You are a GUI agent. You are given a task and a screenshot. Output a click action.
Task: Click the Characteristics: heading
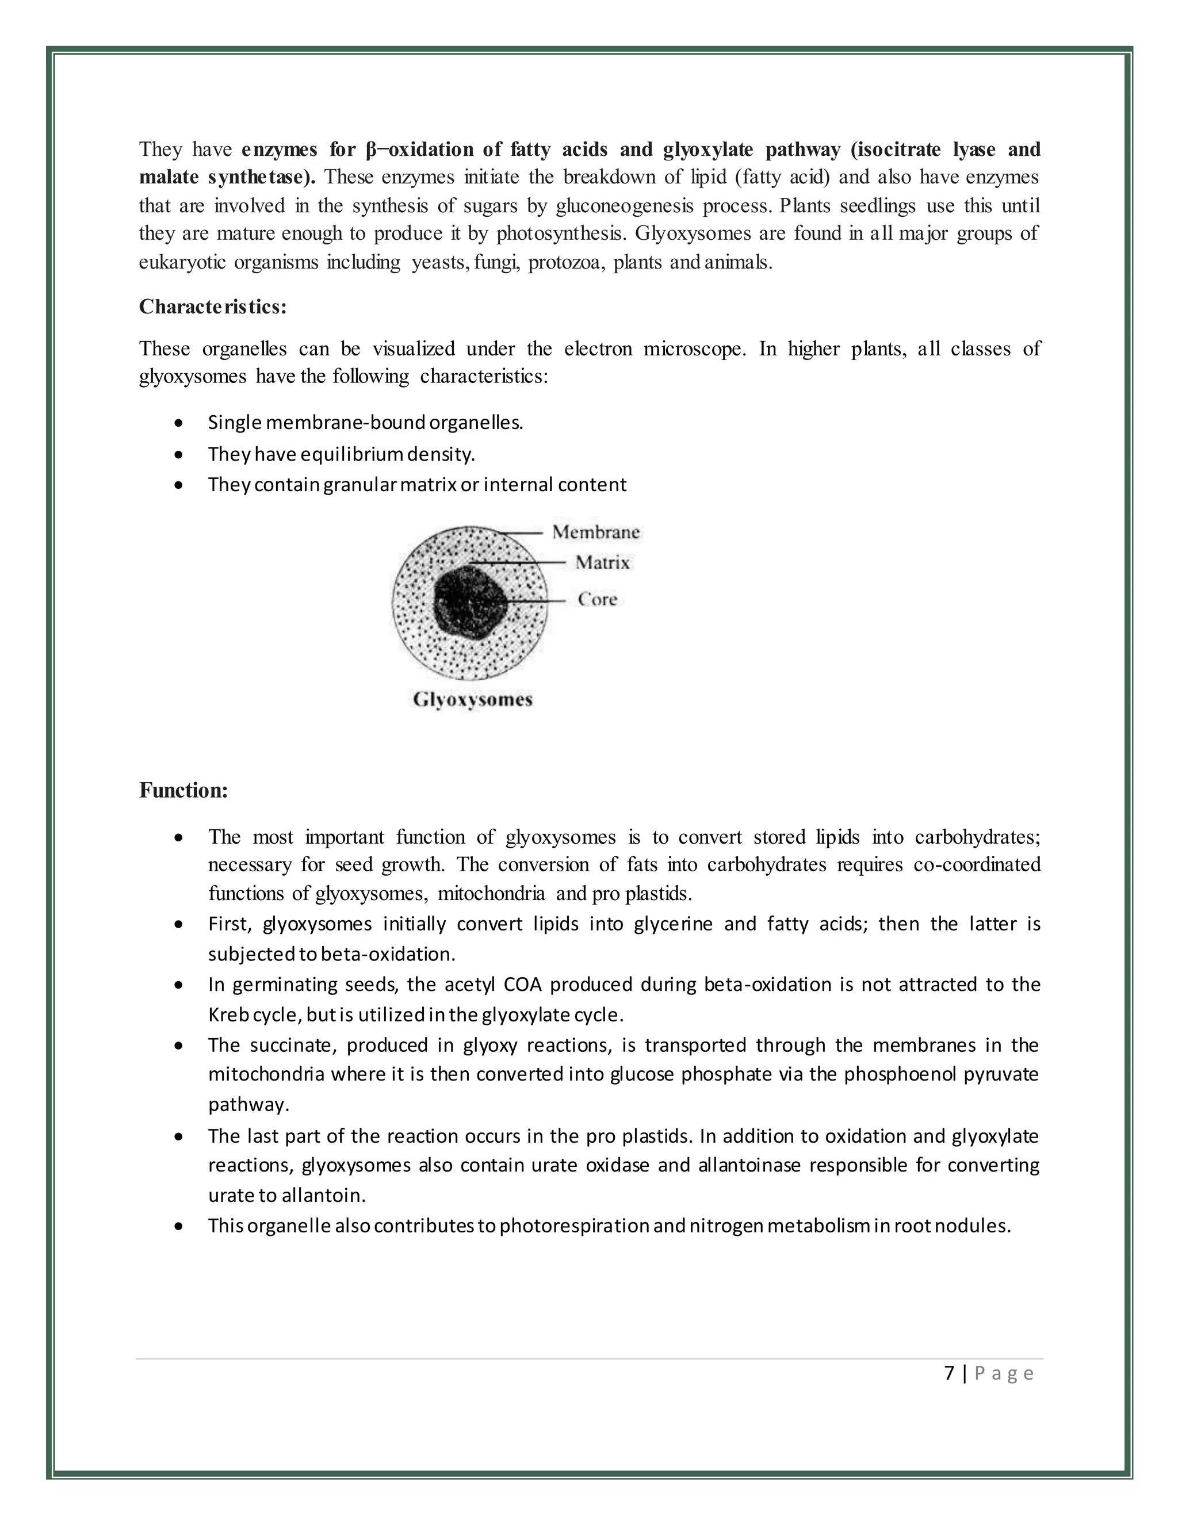(x=213, y=307)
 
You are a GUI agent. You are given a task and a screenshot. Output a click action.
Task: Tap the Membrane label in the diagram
(x=595, y=532)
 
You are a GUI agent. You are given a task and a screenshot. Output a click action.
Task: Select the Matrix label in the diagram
(x=602, y=562)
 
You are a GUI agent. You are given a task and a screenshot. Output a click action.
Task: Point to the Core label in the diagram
(x=598, y=599)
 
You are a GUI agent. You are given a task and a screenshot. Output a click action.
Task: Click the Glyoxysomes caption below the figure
(x=472, y=699)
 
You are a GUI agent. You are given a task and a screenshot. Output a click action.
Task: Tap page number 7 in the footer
(x=948, y=1373)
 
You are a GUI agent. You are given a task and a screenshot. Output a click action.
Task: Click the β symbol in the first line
(x=370, y=150)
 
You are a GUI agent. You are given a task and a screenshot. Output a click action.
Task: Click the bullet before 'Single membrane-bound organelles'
(x=180, y=423)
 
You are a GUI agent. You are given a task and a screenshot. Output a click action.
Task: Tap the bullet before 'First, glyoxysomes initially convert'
(x=180, y=925)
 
